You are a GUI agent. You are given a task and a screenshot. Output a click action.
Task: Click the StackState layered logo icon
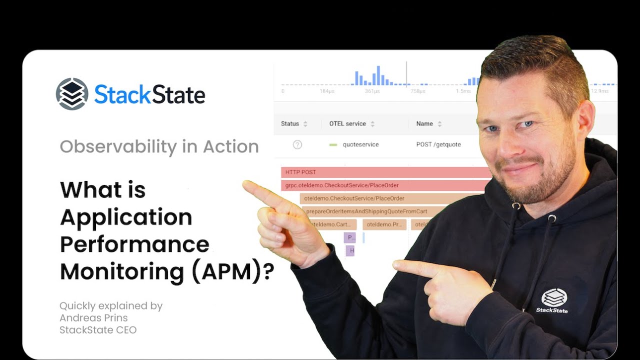click(x=72, y=94)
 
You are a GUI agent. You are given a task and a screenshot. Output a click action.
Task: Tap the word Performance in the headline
click(x=134, y=244)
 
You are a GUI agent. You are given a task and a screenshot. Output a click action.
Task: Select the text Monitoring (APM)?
click(x=167, y=271)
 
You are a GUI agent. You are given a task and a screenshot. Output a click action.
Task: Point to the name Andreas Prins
click(x=93, y=318)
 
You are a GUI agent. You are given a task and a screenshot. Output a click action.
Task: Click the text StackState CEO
click(x=98, y=330)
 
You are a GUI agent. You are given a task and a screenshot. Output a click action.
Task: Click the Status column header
click(x=290, y=123)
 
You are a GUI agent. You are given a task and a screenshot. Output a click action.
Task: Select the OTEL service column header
click(x=347, y=123)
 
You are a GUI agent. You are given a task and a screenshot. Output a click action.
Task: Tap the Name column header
click(x=424, y=123)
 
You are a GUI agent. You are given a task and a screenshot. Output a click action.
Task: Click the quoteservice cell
click(x=360, y=144)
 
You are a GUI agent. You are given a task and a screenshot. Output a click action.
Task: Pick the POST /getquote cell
click(x=438, y=144)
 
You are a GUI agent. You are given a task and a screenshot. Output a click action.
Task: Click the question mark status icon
click(x=297, y=144)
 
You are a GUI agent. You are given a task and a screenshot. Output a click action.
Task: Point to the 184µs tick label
click(x=327, y=91)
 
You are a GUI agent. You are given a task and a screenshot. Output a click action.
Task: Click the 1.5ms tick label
click(x=463, y=91)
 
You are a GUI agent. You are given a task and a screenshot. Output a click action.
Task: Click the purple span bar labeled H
click(x=350, y=250)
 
